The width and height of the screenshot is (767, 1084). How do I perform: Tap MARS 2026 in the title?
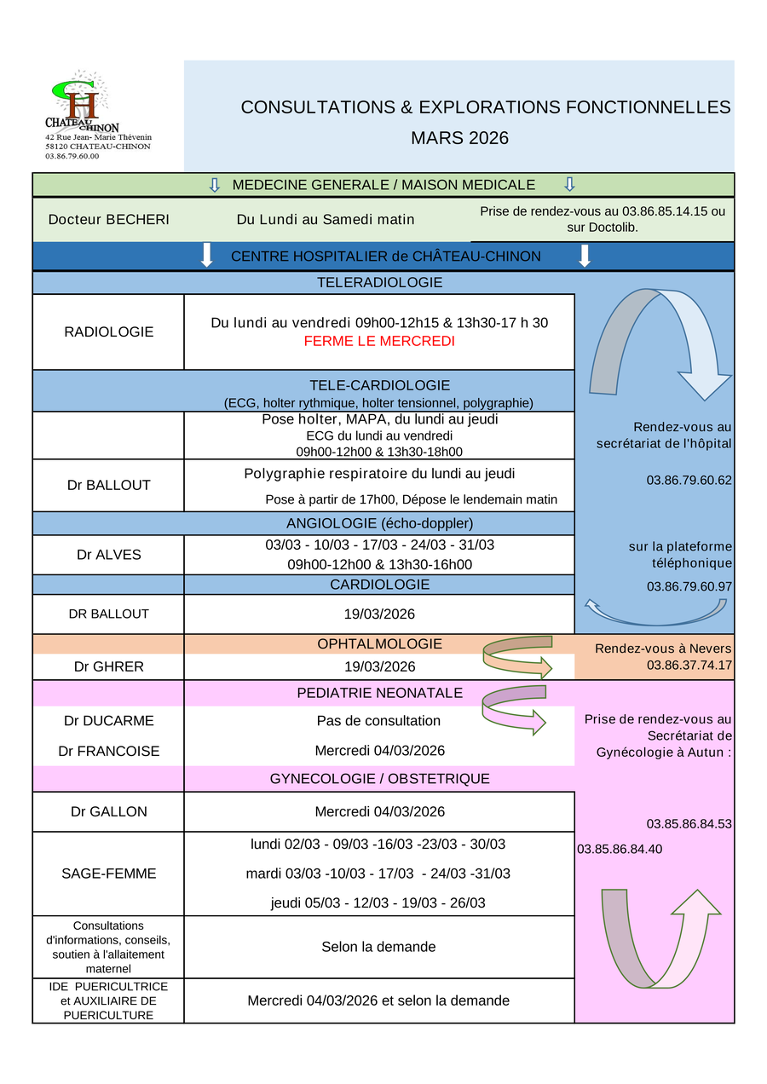(459, 138)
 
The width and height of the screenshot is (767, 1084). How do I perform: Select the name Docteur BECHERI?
(108, 219)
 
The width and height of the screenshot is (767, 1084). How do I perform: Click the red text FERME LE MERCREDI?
(379, 341)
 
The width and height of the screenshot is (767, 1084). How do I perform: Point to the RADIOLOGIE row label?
(109, 332)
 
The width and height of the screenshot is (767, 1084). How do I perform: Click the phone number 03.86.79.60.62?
(689, 480)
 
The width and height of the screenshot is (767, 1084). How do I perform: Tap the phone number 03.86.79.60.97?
(689, 586)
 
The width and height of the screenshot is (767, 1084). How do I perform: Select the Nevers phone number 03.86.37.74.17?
(689, 665)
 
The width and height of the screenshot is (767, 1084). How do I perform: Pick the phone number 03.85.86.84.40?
(620, 849)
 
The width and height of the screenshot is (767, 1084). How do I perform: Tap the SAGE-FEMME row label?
(109, 873)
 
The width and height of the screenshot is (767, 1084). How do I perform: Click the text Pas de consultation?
(379, 721)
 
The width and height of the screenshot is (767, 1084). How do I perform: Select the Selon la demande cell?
(379, 947)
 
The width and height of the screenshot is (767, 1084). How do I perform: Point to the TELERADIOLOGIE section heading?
(379, 282)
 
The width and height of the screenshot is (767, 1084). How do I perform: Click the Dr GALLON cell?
(109, 811)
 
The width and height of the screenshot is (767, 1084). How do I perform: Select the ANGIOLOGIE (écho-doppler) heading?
(379, 522)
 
